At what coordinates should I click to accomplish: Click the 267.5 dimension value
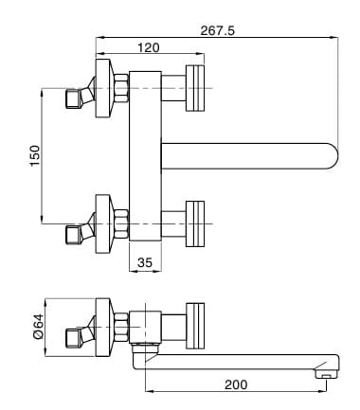coord(218,30)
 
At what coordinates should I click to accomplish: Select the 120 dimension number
coord(149,47)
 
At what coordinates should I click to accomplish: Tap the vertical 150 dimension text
coord(35,155)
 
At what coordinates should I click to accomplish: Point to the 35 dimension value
coord(145,262)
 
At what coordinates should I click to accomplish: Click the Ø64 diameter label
coord(38,327)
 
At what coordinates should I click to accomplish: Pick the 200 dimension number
coord(236,384)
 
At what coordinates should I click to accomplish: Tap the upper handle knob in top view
coord(195,88)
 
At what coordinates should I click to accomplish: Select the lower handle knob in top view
coord(195,223)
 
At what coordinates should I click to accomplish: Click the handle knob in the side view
coord(195,326)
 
